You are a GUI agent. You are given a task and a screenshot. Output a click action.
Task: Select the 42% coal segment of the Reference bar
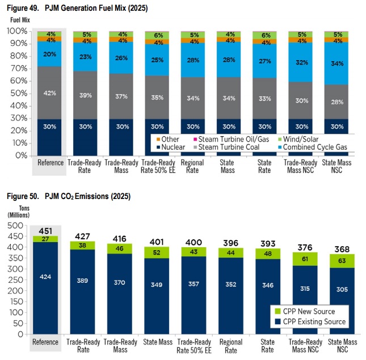50,93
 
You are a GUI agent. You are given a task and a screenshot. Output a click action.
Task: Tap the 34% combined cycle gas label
336,63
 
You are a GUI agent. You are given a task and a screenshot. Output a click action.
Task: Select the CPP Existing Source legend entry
312,321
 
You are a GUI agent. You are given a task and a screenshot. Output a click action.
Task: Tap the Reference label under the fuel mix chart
50,162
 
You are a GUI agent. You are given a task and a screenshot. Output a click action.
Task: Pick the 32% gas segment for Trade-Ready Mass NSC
301,63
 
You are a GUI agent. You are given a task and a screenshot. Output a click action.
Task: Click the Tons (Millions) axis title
18,211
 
